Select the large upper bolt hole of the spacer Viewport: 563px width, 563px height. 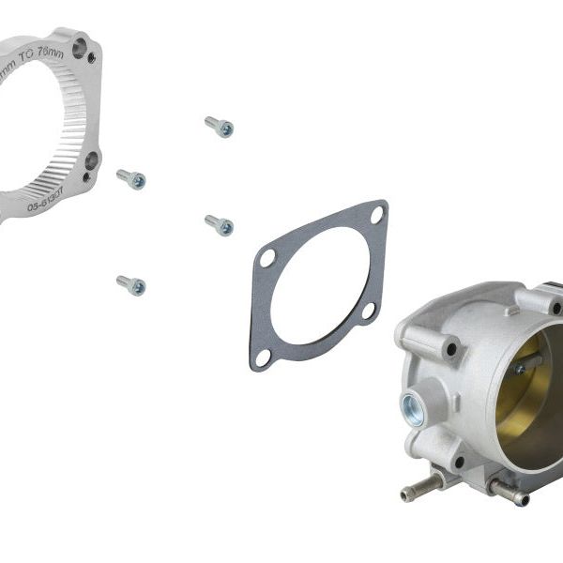click(x=80, y=45)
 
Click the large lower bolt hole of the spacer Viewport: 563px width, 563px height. click(x=91, y=160)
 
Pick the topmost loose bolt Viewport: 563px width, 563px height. click(x=219, y=126)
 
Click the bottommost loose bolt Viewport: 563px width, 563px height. click(x=131, y=283)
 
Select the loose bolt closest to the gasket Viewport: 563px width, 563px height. click(x=219, y=224)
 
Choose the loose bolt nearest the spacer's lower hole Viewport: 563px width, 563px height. click(x=131, y=178)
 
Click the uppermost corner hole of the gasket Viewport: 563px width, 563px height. click(x=376, y=214)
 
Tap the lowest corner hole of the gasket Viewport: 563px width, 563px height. click(x=264, y=357)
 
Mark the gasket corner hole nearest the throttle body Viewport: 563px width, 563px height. click(x=369, y=310)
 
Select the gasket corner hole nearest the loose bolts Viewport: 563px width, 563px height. click(x=268, y=257)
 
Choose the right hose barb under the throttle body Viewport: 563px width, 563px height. click(x=507, y=489)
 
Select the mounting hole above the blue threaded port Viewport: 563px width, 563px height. click(x=450, y=349)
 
